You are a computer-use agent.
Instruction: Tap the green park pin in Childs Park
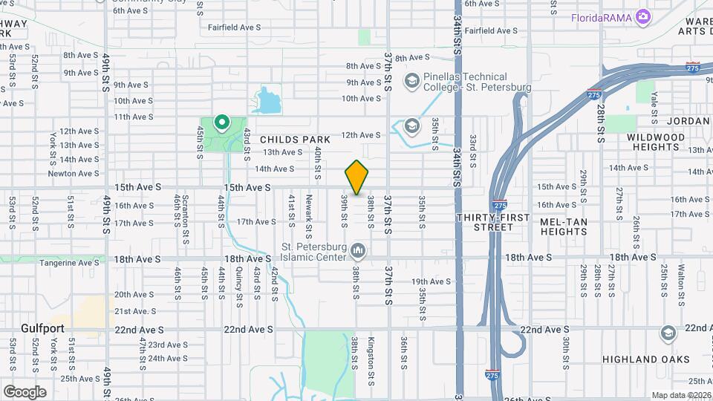[x=221, y=122]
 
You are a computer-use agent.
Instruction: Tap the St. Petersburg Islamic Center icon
[x=359, y=249]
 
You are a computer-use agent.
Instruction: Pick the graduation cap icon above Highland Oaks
[x=668, y=333]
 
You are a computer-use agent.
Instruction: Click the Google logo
[x=25, y=391]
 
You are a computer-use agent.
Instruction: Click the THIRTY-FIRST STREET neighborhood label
[x=503, y=222]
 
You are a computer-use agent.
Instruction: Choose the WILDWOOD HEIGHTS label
[x=656, y=143]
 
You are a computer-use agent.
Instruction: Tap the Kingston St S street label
[x=371, y=353]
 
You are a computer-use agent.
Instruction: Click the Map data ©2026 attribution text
[x=681, y=395]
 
